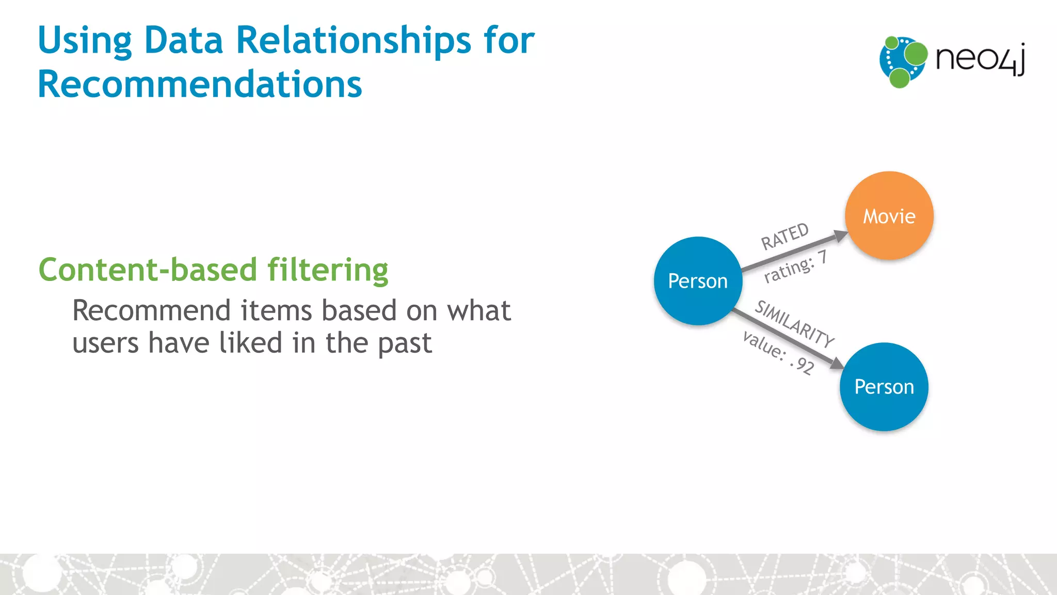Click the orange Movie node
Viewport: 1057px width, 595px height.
(889, 215)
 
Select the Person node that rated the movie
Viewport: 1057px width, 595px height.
(698, 281)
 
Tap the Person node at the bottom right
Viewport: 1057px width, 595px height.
(884, 387)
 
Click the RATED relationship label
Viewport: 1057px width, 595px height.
(784, 236)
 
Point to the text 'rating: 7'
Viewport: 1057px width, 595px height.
(795, 267)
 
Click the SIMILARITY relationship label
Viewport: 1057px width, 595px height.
(794, 324)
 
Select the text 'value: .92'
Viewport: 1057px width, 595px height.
(778, 353)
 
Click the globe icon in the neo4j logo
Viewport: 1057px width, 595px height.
(902, 61)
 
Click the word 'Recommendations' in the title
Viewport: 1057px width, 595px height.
(200, 84)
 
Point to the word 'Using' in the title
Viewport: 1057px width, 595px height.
(85, 41)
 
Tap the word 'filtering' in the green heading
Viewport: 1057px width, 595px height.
(328, 270)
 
